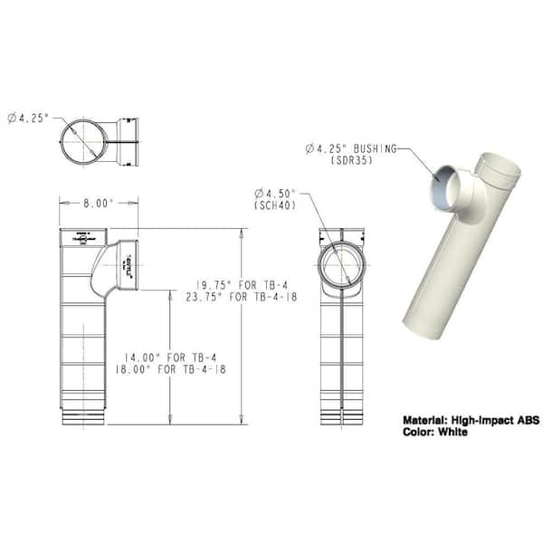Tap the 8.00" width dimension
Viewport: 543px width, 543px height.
pos(99,204)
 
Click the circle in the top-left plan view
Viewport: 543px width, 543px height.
pos(86,141)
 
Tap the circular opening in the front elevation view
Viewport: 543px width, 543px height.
pos(340,265)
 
